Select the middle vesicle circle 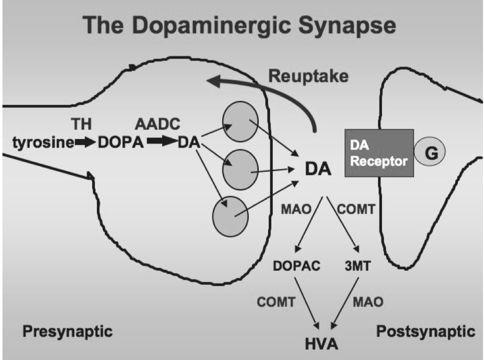click(x=240, y=168)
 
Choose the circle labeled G click(x=430, y=152)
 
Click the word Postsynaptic click(x=425, y=330)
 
